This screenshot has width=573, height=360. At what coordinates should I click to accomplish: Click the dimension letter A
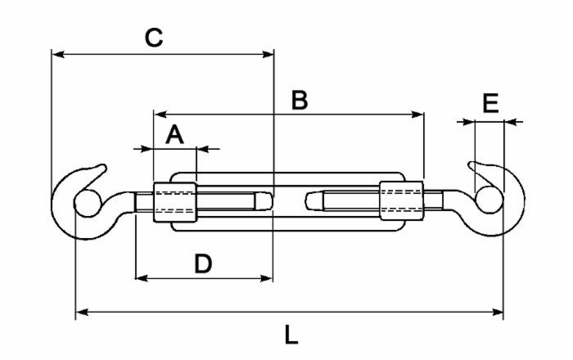coord(174,134)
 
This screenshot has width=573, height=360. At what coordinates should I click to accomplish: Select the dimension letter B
coord(300,100)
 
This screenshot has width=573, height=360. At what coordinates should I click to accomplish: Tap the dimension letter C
coord(154,38)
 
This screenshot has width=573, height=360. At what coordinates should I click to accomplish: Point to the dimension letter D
coord(203,263)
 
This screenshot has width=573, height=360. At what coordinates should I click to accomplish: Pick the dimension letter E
coord(490,104)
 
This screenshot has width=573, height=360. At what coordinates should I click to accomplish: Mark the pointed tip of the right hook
coord(471,165)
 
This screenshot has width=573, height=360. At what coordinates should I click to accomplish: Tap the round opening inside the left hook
coord(84,202)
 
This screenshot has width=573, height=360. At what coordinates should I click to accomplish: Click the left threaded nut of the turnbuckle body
coord(174,200)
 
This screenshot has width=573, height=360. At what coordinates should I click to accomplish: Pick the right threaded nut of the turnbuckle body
coord(401,200)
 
